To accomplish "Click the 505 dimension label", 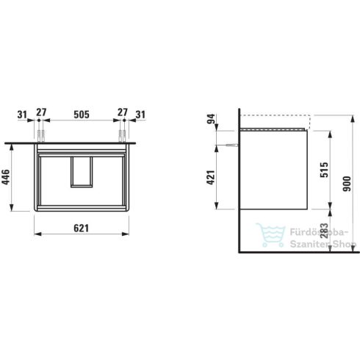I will pyautogui.click(x=82, y=114).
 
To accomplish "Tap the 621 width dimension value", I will pyautogui.click(x=82, y=228).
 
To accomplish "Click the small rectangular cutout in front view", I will pyautogui.click(x=81, y=172).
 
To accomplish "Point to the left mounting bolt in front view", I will pyautogui.click(x=43, y=134).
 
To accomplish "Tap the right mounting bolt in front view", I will pyautogui.click(x=119, y=134).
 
